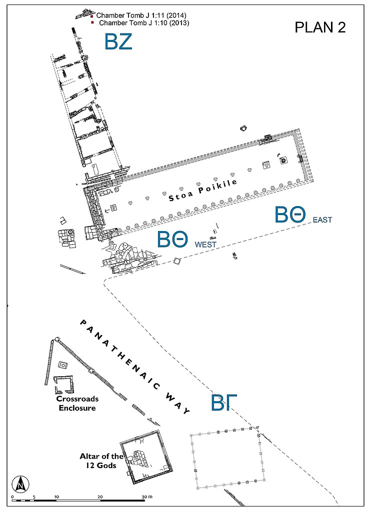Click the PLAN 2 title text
pos(320,27)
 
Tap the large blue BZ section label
pos(118,41)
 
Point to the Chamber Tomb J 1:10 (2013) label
pos(143,23)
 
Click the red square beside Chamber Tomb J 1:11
pos(92,16)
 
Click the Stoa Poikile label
pos(202,190)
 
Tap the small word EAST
pos(322,220)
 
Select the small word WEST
pos(205,245)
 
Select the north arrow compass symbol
pos(20,483)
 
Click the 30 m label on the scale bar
pos(146,497)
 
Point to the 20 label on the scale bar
pos(100,497)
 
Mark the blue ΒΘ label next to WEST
pos(173,240)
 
